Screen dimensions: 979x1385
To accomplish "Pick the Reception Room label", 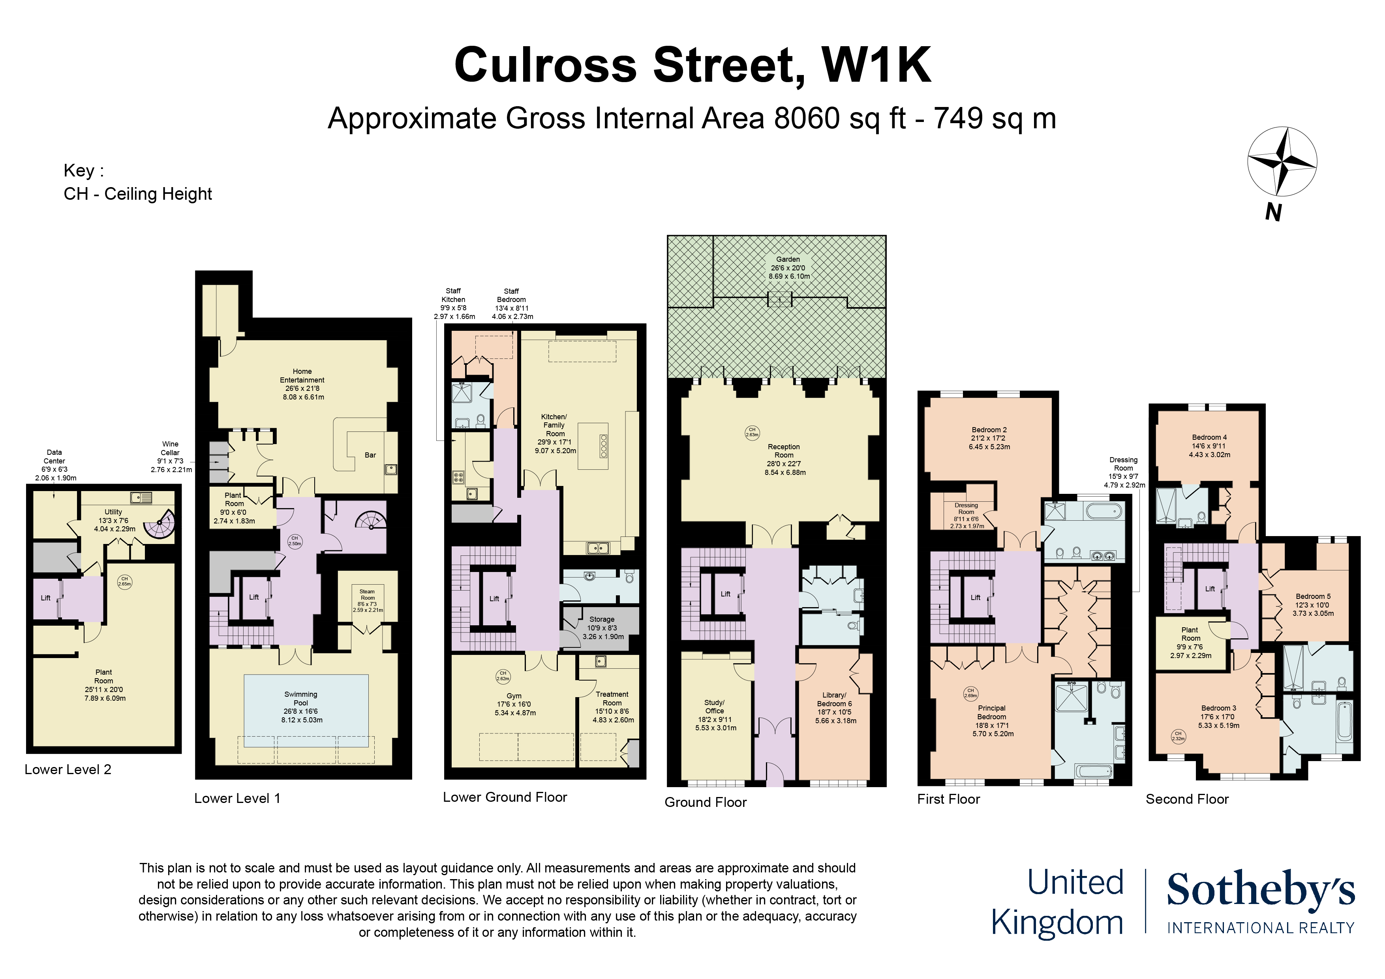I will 784,451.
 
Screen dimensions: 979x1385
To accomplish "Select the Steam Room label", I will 367,595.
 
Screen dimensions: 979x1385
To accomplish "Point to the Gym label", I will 514,696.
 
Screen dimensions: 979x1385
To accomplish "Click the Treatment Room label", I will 612,698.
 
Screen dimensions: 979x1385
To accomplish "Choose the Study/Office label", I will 715,706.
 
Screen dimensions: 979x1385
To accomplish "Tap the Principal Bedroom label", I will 992,713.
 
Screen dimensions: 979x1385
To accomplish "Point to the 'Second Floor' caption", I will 1187,799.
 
